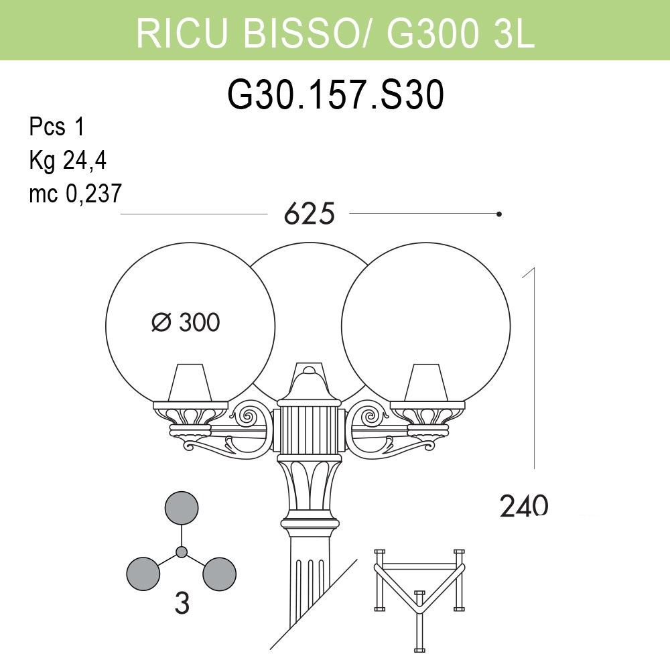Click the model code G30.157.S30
coord(336,95)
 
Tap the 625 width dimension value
coord(310,213)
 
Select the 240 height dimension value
coord(524,506)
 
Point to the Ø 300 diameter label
coord(186,322)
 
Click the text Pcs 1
coord(57,127)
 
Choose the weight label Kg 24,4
coord(68,161)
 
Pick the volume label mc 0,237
coord(75,193)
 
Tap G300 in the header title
coord(432,32)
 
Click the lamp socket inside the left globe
coord(190,383)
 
